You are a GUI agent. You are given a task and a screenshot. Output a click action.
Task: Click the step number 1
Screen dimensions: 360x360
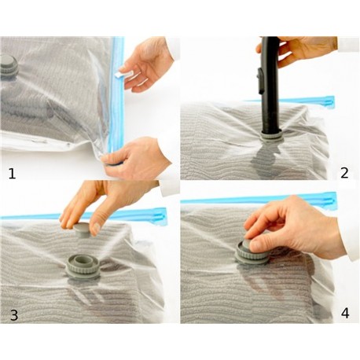click(x=12, y=174)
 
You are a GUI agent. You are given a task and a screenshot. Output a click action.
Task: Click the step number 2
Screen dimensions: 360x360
click(x=344, y=173)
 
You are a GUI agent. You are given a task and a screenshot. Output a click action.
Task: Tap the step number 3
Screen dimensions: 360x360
click(x=14, y=315)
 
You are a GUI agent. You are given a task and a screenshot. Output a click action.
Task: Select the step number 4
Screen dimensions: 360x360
click(x=345, y=313)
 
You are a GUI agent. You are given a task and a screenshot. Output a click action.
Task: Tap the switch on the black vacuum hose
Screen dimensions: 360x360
click(x=261, y=81)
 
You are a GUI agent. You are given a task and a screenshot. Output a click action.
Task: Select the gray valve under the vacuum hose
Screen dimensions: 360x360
click(x=271, y=136)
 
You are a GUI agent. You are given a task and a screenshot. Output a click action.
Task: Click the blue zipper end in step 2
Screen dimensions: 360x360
click(x=329, y=101)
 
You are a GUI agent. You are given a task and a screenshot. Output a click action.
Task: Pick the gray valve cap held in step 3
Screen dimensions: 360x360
click(x=82, y=230)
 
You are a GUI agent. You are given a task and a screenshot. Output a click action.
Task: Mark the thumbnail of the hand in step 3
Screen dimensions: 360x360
click(x=96, y=229)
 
